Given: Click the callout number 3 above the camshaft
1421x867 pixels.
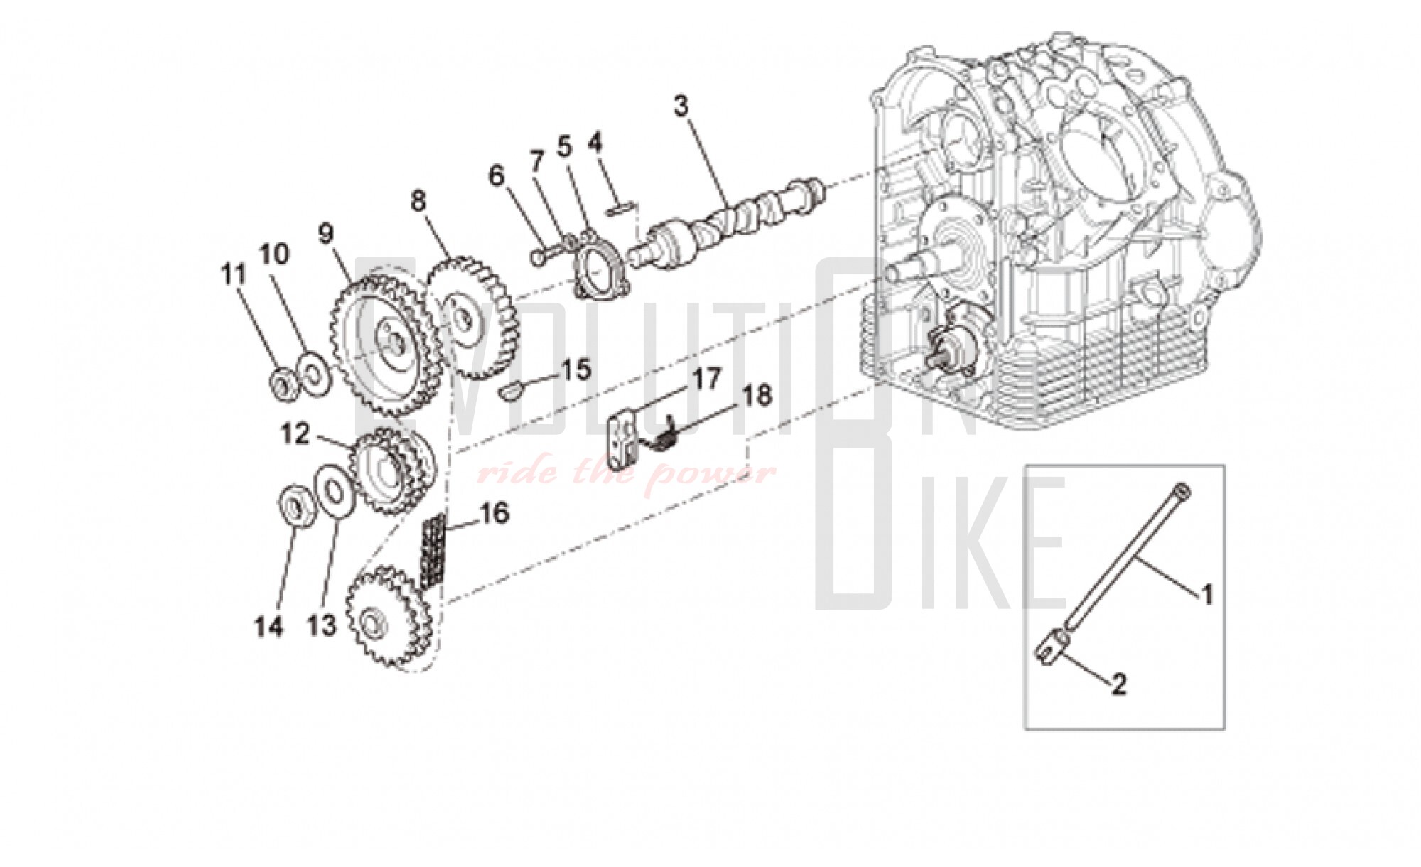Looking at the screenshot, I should click(x=681, y=107).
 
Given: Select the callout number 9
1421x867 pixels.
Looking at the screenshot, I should click(x=325, y=234).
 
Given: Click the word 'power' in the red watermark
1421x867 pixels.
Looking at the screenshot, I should click(x=714, y=473).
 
